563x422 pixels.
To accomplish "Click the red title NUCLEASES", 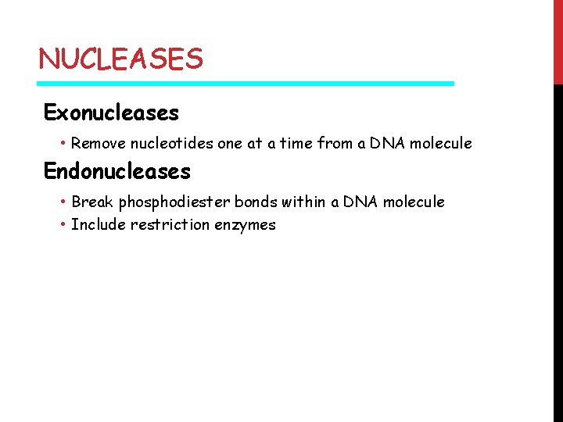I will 120,59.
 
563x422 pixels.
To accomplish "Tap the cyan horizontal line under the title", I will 246,83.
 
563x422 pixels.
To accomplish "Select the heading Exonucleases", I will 111,113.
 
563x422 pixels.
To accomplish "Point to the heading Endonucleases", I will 117,170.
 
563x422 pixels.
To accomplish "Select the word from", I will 338,143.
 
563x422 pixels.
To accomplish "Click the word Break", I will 92,202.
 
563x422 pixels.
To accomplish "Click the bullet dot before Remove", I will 63,143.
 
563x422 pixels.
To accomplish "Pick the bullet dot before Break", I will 63,202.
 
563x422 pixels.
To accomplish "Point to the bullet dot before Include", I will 63,225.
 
